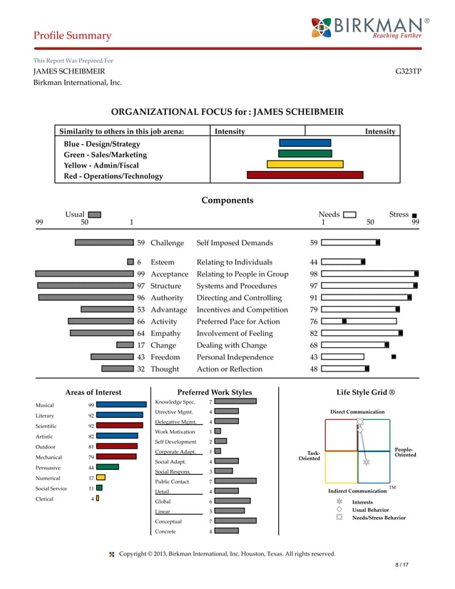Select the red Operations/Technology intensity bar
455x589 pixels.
(305, 175)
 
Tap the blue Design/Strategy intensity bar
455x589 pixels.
(305, 143)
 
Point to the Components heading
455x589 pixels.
(227, 200)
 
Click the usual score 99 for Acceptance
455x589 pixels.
(141, 274)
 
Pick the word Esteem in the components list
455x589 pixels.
(162, 262)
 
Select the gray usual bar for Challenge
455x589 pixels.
(105, 242)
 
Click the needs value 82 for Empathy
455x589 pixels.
(314, 333)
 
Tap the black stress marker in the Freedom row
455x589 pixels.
(394, 356)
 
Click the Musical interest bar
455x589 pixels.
(121, 404)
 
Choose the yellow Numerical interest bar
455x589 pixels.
(101, 478)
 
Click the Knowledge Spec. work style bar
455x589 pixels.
(235, 401)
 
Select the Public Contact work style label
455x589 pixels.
(172, 481)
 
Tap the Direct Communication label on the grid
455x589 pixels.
(357, 412)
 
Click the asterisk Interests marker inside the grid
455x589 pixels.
(367, 462)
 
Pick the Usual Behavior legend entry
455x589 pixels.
(371, 510)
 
